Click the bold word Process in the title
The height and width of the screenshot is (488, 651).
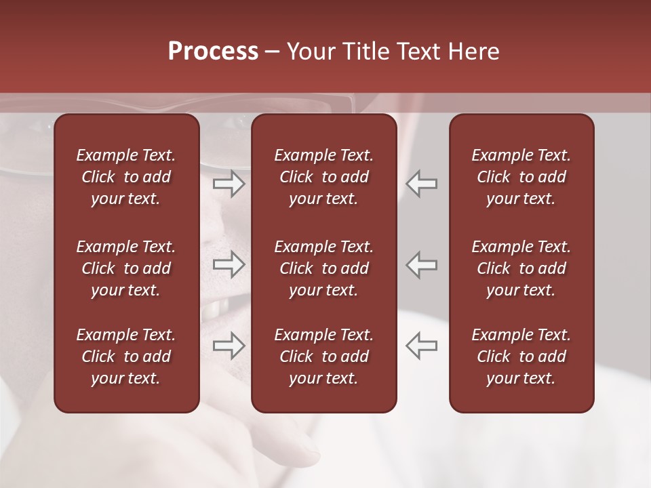click(x=213, y=52)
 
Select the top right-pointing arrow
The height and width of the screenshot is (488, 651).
click(x=229, y=184)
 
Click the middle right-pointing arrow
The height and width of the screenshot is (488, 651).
click(x=229, y=265)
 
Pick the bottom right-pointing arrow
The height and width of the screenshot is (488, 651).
click(x=229, y=345)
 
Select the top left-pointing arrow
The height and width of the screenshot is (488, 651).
click(x=422, y=184)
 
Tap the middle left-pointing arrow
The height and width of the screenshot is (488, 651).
click(x=422, y=265)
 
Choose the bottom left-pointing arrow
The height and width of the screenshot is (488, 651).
click(x=422, y=345)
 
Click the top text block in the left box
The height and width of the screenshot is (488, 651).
click(x=126, y=177)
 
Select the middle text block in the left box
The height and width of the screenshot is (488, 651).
click(x=126, y=268)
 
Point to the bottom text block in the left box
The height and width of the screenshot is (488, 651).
click(x=126, y=357)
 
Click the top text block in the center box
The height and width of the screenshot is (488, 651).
click(x=323, y=177)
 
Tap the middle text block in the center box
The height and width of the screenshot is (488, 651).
click(x=323, y=268)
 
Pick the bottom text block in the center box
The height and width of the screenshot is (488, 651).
click(x=323, y=357)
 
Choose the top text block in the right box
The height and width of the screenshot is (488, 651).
click(x=521, y=177)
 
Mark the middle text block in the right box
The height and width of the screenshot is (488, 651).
click(x=521, y=268)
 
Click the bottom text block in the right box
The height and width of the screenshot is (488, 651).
click(x=521, y=357)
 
